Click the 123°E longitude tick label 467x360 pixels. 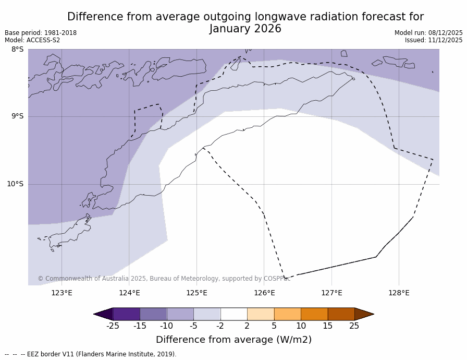click(x=62, y=293)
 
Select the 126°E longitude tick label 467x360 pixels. click(x=264, y=293)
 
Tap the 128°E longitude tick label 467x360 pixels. click(x=399, y=293)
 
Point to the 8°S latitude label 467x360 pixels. click(x=17, y=50)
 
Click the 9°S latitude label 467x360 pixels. click(x=17, y=116)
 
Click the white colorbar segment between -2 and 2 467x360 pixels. click(x=233, y=314)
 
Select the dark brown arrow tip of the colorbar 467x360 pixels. click(x=363, y=314)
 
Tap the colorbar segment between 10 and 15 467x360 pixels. click(x=314, y=314)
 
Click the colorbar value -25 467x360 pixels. click(x=113, y=326)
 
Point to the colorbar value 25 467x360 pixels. click(x=354, y=326)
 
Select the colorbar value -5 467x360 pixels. click(x=193, y=326)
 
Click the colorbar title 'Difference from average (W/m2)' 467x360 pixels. click(x=233, y=340)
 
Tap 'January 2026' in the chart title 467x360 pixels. click(x=245, y=29)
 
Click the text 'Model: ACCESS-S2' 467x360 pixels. click(x=32, y=40)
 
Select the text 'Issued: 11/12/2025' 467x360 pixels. click(x=434, y=40)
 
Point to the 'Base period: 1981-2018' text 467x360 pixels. click(x=41, y=33)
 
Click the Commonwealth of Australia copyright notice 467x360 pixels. click(x=164, y=279)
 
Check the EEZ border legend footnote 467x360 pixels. click(x=91, y=354)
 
